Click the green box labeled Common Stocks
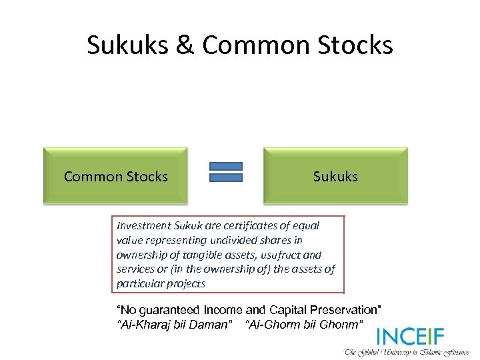pos(116,176)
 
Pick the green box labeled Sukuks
pos(335,176)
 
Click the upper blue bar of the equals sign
pos(226,166)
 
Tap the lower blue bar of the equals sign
pos(226,177)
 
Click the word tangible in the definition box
pos(205,255)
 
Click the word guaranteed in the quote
pos(170,310)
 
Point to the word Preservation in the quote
pos(346,310)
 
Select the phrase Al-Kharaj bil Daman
pos(175,324)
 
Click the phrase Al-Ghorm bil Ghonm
pos(305,324)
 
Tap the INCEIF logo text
pos(410,337)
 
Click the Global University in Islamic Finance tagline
pos(407,352)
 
